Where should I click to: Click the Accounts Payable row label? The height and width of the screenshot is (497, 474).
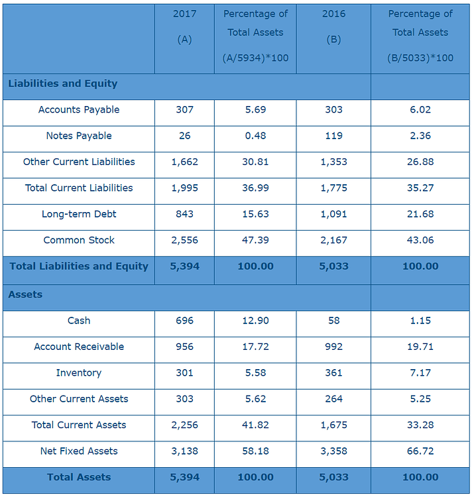(79, 110)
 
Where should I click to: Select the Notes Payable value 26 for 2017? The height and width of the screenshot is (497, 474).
(184, 136)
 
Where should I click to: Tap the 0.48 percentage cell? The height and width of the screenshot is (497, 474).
(255, 136)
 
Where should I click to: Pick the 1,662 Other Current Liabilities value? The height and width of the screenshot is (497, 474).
(184, 162)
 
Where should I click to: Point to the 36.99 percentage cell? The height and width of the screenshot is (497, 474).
(255, 188)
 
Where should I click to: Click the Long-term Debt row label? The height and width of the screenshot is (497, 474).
(79, 214)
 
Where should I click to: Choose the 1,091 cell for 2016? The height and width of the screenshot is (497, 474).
(333, 214)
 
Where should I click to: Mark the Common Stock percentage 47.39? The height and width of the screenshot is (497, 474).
(255, 241)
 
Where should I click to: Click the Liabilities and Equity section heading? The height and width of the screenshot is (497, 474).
(63, 83)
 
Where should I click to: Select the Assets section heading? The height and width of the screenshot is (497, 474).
(25, 295)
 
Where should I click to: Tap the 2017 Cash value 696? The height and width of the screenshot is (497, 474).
(184, 321)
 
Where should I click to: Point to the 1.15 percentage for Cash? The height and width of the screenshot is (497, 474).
(420, 321)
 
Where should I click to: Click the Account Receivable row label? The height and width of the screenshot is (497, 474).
(79, 347)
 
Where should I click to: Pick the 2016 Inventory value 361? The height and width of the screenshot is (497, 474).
(333, 373)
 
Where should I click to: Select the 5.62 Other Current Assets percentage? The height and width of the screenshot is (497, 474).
(255, 399)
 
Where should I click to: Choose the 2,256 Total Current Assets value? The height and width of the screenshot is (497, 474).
(184, 425)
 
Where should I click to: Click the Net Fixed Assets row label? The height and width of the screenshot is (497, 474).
(79, 451)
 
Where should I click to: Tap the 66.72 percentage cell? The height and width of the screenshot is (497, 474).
(420, 451)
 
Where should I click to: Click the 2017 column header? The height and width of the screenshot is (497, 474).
(184, 14)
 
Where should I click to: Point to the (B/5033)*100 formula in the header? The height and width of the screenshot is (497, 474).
(420, 58)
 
